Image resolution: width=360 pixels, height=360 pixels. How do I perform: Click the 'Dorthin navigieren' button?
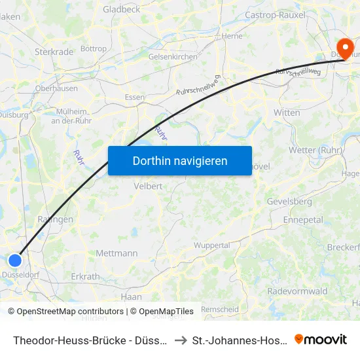(x=180, y=160)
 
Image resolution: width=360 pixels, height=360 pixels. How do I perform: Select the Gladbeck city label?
(x=122, y=10)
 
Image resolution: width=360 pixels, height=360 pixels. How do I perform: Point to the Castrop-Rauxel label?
(x=275, y=14)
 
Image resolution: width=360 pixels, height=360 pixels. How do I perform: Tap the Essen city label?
(x=135, y=98)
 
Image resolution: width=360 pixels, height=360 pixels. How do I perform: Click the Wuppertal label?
(x=213, y=245)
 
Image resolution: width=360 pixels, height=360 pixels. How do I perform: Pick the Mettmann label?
(x=117, y=253)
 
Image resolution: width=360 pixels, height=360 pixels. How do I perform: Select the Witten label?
(x=287, y=113)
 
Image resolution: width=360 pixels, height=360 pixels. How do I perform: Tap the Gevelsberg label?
(x=289, y=202)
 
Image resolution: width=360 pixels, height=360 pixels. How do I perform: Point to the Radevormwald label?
(x=297, y=291)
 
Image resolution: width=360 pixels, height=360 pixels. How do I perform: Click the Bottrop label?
(x=93, y=48)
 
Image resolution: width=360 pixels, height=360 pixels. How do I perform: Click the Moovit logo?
(x=321, y=339)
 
